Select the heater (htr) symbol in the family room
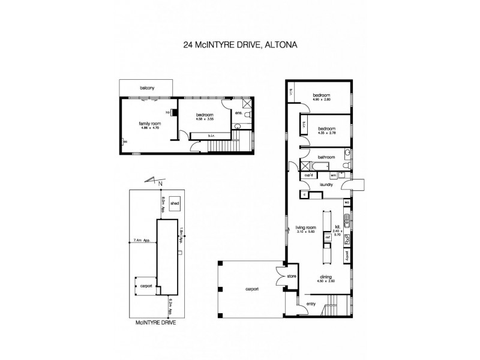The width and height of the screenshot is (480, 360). [171, 112]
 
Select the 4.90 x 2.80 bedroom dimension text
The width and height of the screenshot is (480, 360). [322, 100]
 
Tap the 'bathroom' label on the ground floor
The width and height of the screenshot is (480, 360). [326, 157]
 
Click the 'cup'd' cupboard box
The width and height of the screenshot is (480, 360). [310, 175]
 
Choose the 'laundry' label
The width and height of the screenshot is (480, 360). [326, 185]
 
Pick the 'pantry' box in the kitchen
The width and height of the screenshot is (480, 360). [347, 255]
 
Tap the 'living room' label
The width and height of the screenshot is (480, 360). [305, 228]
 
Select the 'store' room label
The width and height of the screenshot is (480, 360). [292, 277]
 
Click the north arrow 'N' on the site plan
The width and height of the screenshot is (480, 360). [160, 182]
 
